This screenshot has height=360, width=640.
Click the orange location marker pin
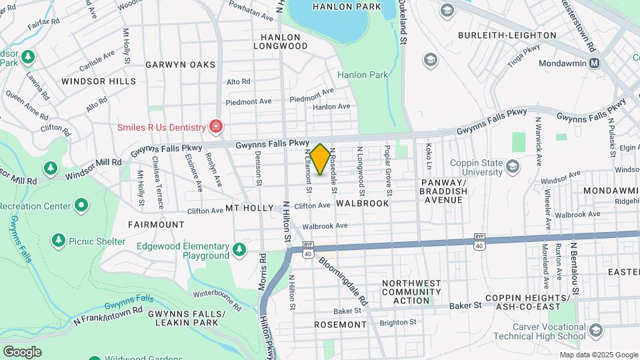tap(320, 159)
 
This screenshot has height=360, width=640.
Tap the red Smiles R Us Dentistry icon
tap(215, 126)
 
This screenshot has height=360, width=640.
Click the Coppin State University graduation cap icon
tap(513, 166)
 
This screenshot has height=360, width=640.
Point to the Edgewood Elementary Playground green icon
tap(239, 251)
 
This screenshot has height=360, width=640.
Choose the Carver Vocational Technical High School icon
tap(595, 331)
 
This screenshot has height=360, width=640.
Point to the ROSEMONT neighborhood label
tap(340, 325)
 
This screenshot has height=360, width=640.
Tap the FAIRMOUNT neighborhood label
tap(156, 225)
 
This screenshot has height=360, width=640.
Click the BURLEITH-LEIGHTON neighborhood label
tap(507, 35)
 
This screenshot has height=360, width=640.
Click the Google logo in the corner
tap(22, 351)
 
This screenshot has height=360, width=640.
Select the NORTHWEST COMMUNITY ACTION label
tap(411, 291)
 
